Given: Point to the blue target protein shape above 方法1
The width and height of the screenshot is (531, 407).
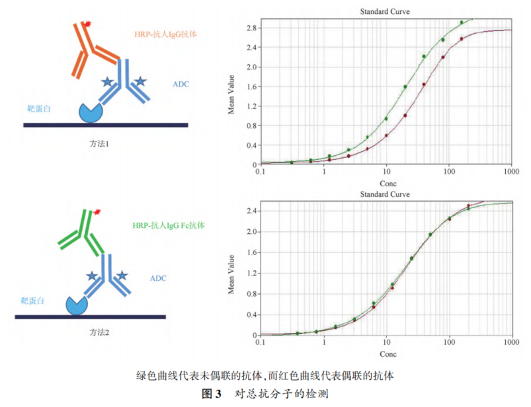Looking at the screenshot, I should click(91, 112).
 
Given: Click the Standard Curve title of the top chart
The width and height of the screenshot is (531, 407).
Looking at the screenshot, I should click(384, 12).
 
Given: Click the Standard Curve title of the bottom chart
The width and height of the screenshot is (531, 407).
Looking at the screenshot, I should click(384, 195).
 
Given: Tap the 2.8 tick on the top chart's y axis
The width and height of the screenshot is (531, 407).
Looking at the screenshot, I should click(250, 28).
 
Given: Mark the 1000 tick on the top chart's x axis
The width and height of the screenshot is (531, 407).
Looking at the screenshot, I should click(511, 172).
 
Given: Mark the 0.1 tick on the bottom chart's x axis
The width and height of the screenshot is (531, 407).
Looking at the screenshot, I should click(261, 343).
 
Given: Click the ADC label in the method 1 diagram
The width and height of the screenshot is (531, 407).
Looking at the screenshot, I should click(181, 85).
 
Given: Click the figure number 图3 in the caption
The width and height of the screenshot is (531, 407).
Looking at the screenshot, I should click(212, 394).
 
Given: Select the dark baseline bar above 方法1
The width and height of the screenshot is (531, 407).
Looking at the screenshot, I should click(106, 124).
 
